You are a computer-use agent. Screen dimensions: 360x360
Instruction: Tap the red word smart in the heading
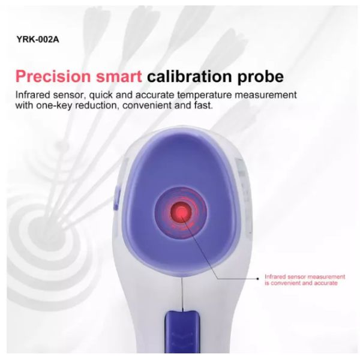coord(120,77)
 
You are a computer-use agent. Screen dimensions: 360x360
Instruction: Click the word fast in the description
coord(202,106)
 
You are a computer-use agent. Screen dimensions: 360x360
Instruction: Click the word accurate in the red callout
coord(326,283)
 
